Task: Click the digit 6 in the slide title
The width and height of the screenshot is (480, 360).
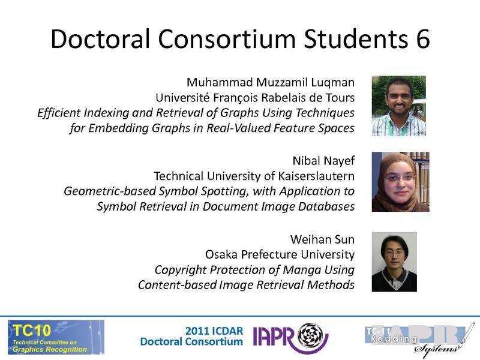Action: [x=420, y=39]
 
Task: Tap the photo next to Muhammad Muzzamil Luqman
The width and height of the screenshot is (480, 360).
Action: [x=398, y=106]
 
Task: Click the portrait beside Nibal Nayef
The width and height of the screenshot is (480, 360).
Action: [x=400, y=182]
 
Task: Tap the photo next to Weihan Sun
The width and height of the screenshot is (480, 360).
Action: [x=394, y=262]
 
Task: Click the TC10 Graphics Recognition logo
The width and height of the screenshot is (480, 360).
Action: [x=56, y=337]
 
